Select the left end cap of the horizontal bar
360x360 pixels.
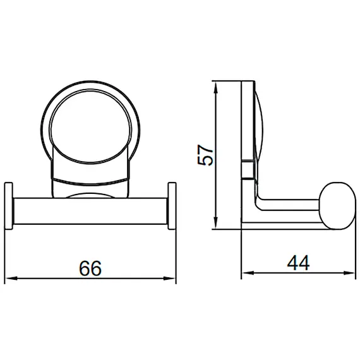click(10, 207)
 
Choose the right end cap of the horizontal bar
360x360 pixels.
click(172, 207)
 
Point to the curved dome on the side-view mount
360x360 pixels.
click(256, 126)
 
